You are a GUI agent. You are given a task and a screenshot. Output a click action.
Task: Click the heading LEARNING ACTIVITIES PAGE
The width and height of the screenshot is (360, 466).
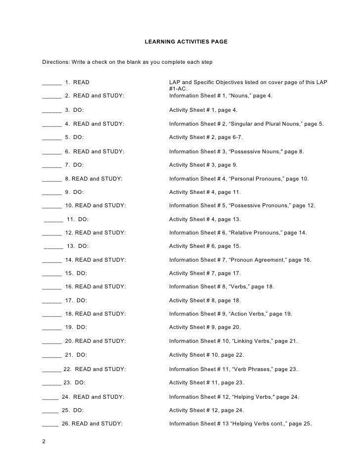point(186,43)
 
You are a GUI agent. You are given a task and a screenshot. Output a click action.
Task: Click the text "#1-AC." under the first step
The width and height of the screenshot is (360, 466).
point(178,89)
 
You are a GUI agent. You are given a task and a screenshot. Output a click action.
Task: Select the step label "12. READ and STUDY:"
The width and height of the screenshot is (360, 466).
point(95,233)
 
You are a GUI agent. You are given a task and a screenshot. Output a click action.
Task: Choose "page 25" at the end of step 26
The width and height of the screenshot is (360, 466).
point(300,424)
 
